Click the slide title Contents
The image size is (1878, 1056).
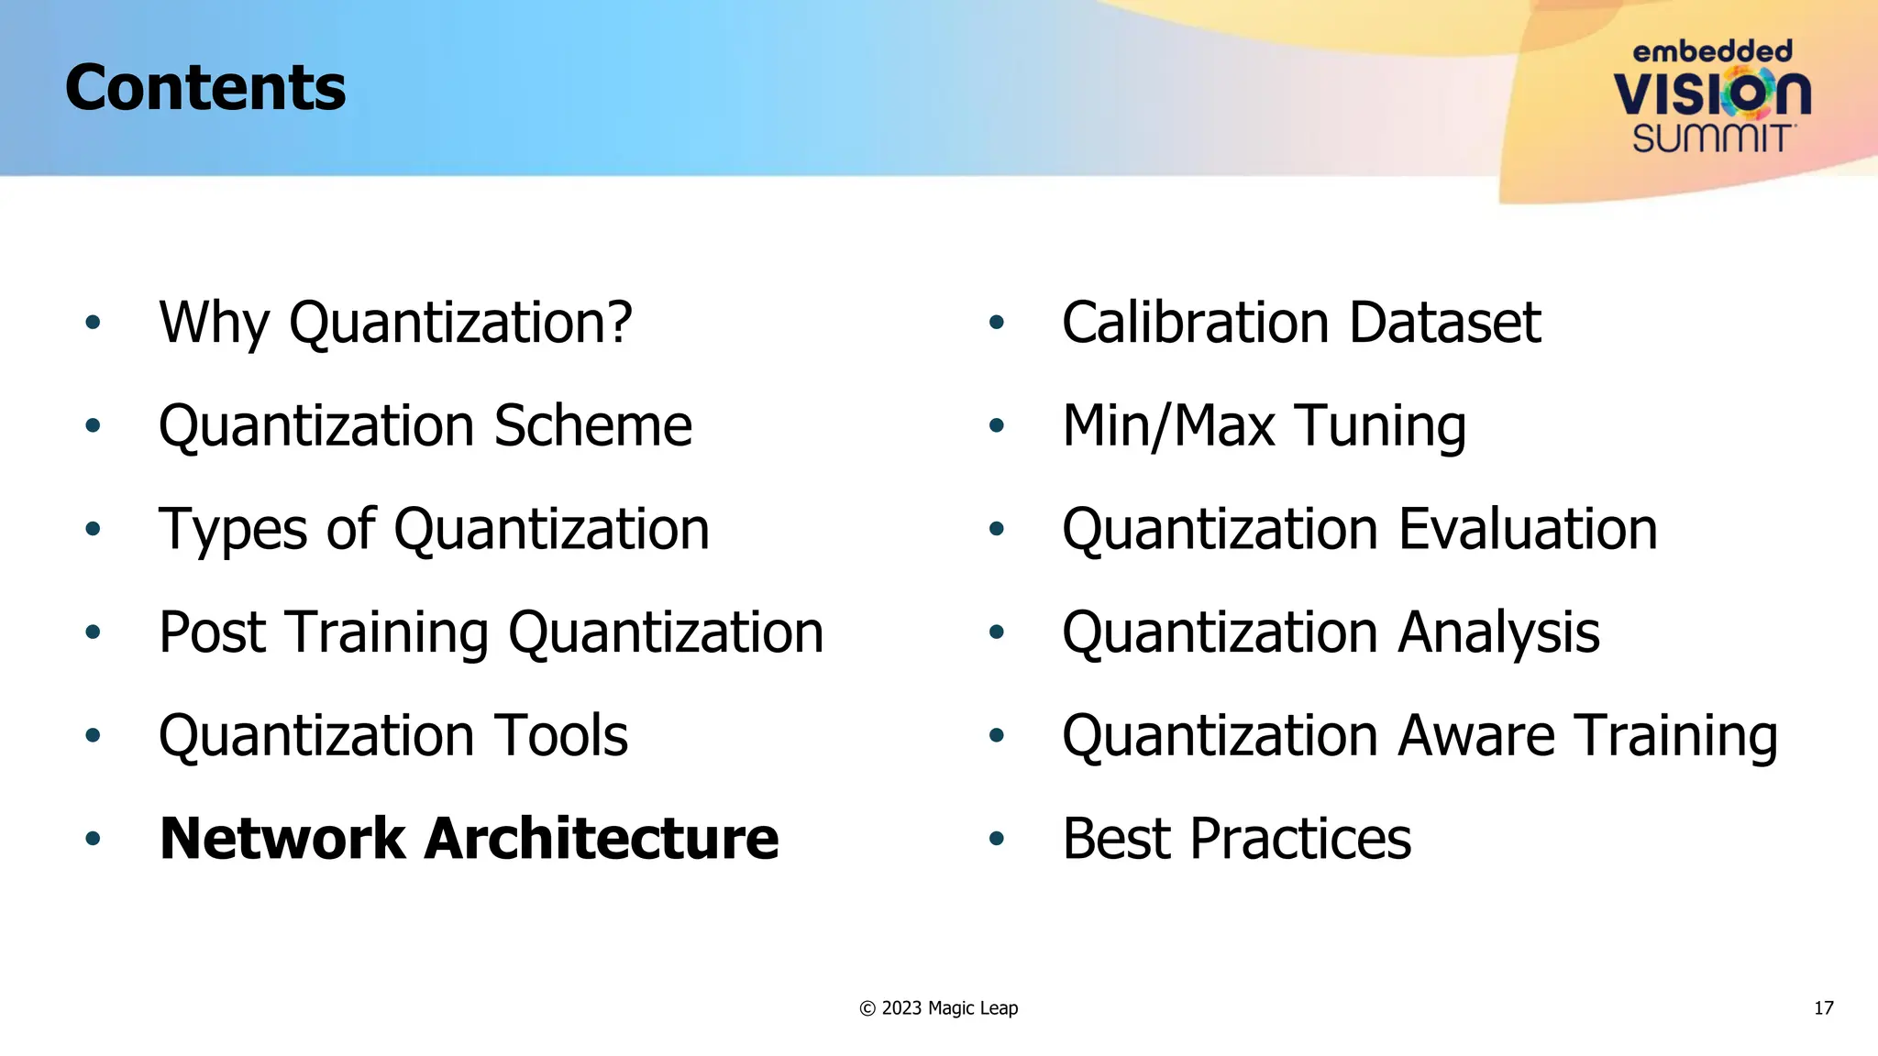205,88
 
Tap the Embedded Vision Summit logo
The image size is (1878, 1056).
1712,96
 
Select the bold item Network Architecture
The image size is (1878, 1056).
469,839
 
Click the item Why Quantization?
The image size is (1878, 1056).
395,323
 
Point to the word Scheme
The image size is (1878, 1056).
592,426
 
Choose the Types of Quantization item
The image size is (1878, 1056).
434,530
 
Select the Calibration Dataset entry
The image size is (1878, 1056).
1301,323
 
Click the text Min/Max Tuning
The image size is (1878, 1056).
1264,426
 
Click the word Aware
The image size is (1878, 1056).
1477,736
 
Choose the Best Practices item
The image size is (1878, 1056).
1236,839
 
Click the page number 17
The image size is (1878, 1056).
1823,1008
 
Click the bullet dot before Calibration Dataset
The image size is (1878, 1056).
997,323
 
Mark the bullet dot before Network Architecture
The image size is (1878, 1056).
93,839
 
